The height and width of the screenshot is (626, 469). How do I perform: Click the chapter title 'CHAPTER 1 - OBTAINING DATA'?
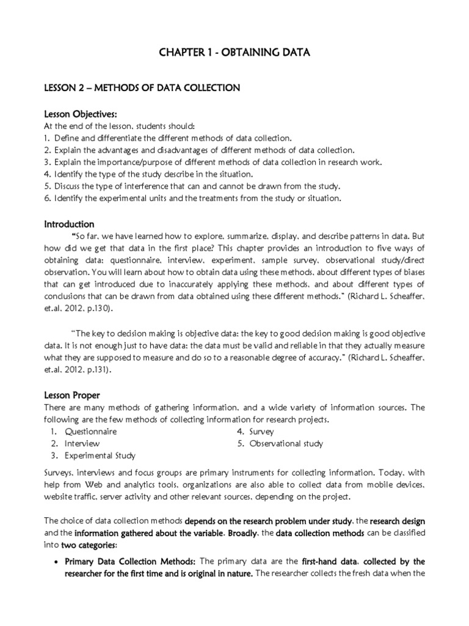(x=234, y=53)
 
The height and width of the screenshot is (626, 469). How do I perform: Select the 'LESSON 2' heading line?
(x=142, y=88)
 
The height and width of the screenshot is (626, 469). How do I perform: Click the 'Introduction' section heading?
(x=69, y=224)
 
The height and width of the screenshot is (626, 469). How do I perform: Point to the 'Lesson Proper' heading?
(x=71, y=396)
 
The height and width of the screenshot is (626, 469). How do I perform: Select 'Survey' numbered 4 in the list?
(x=261, y=432)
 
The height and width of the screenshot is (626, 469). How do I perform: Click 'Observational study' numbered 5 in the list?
(x=286, y=443)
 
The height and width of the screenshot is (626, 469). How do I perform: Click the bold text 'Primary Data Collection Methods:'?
(x=129, y=561)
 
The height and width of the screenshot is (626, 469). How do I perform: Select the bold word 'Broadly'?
(x=244, y=532)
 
